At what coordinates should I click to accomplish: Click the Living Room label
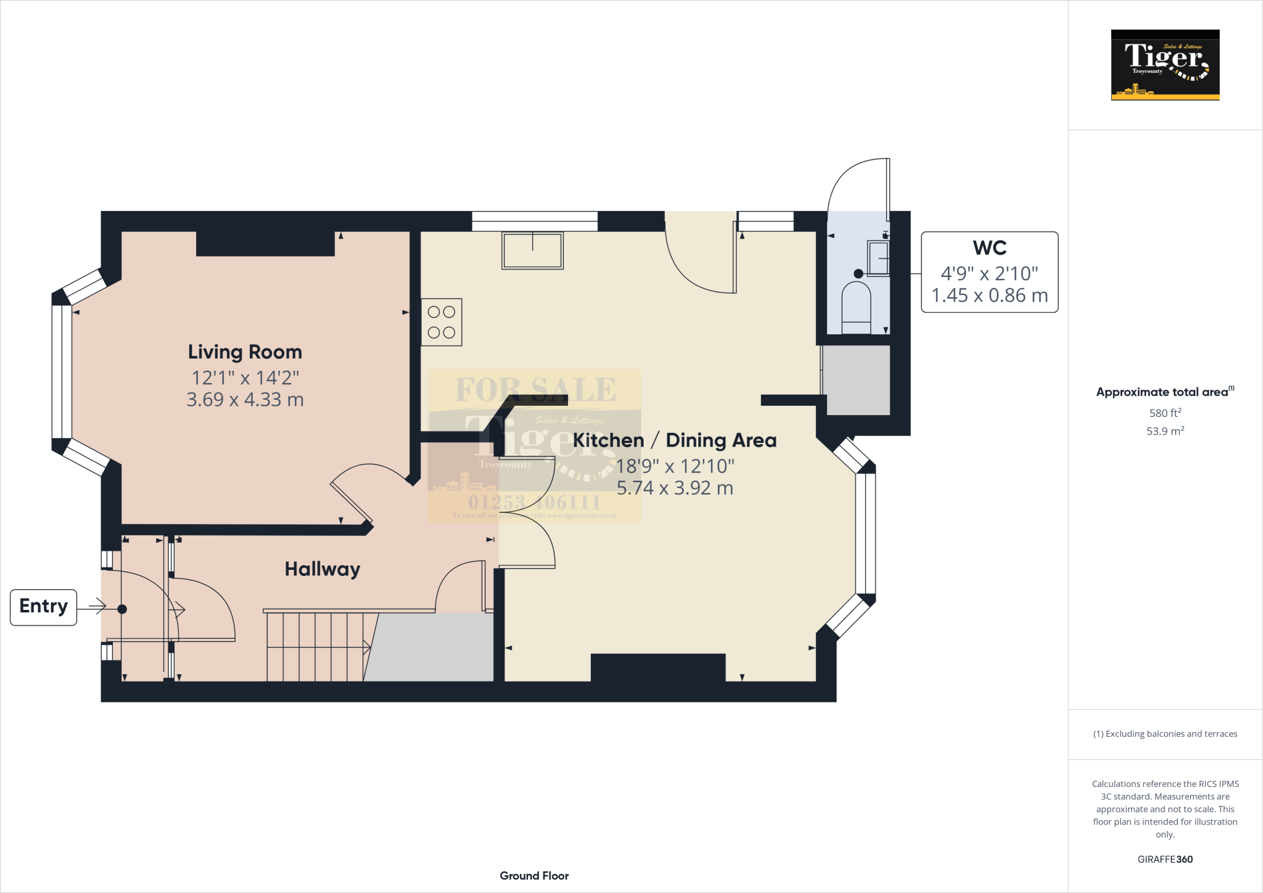pos(245,352)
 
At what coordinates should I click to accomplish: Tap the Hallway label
pos(322,569)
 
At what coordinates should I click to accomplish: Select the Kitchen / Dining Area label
pos(674,440)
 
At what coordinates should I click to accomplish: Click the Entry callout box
pos(43,607)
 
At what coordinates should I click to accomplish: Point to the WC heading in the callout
pos(989,248)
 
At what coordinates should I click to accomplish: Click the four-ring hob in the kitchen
pos(442,322)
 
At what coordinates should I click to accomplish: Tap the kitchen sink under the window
pos(532,250)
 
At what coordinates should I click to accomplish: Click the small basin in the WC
pos(878,258)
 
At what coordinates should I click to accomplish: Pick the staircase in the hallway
pos(316,646)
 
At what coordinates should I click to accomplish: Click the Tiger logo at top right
pos(1165,65)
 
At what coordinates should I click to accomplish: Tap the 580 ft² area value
pos(1165,413)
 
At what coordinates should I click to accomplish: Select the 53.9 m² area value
pos(1165,431)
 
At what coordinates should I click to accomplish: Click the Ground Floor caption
pos(534,876)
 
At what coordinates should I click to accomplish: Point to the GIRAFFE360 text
pos(1165,859)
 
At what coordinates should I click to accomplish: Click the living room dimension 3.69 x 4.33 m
pos(245,400)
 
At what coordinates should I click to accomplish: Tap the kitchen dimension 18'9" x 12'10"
pos(675,466)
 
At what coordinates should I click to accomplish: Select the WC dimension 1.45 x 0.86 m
pos(989,296)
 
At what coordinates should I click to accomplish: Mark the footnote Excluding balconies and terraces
pos(1165,734)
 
